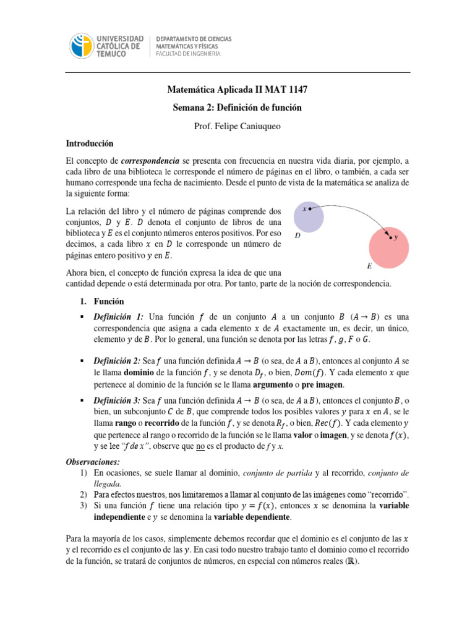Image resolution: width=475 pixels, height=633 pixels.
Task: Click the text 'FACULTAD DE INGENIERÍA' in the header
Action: [192, 53]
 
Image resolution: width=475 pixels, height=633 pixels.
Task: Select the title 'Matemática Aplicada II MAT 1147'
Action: [237, 90]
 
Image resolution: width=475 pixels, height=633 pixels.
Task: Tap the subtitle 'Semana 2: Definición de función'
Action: [237, 108]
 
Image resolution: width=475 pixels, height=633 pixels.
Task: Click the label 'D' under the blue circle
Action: [297, 235]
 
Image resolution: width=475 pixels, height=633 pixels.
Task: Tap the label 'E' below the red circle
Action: [369, 266]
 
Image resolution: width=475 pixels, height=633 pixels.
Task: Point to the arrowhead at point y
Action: [389, 236]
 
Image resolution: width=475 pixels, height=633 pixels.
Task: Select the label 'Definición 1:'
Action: [119, 316]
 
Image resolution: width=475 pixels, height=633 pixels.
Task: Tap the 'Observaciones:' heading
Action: [93, 462]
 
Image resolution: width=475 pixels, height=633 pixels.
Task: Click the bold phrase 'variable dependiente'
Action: [252, 516]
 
